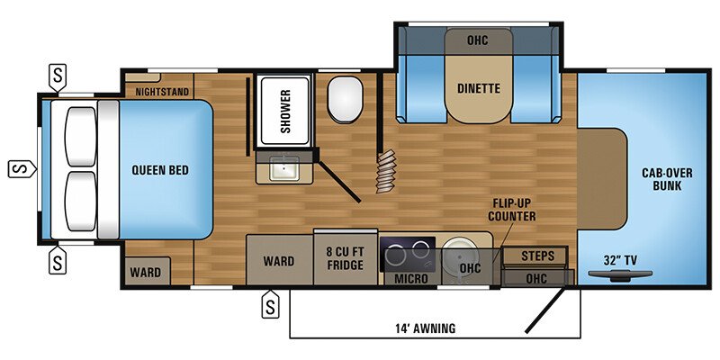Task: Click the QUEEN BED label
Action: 158,169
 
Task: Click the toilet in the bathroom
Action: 343,100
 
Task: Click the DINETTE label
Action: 478,87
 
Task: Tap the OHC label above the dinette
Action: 477,40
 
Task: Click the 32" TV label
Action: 618,260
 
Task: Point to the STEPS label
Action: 537,256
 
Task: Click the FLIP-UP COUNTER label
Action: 512,210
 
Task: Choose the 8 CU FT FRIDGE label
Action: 345,258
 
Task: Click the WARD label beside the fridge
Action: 279,262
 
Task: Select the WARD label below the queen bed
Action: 145,272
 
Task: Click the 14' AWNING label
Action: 426,328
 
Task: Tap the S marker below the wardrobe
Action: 268,306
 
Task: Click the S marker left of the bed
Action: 20,167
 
